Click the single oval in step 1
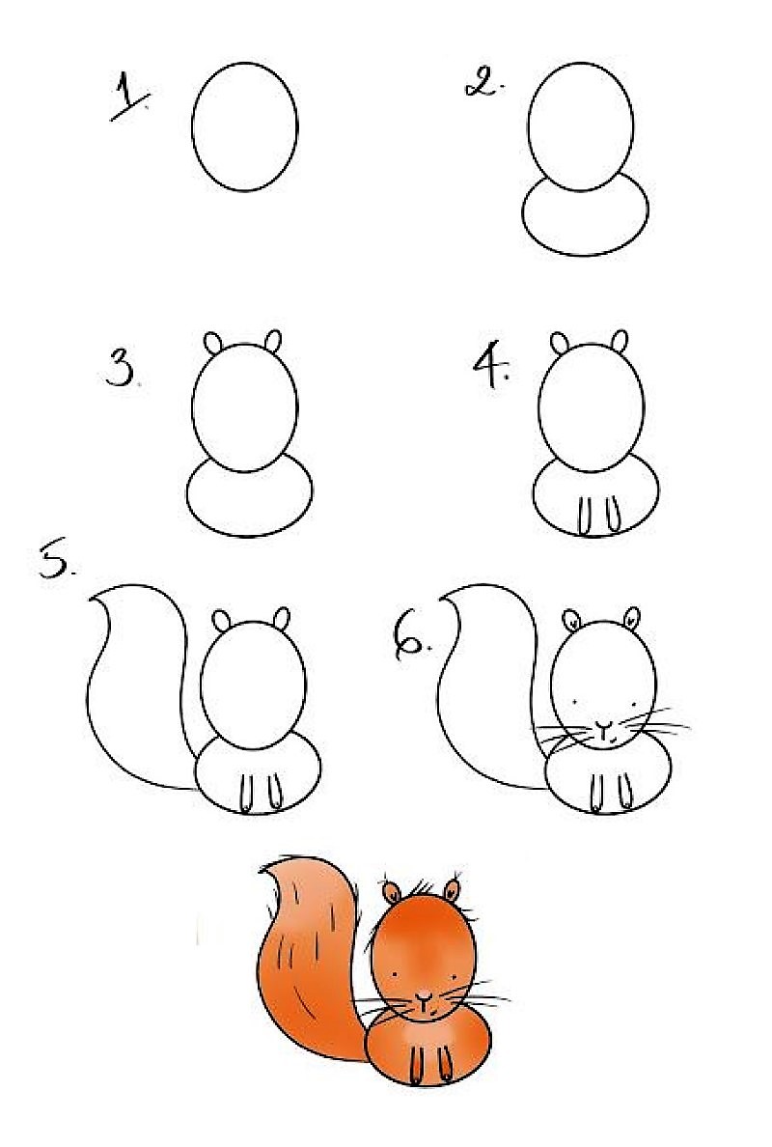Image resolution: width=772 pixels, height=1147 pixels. [245, 126]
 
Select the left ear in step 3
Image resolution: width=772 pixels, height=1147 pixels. [214, 343]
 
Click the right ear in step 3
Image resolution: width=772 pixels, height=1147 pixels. [274, 340]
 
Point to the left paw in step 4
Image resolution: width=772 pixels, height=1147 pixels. [584, 514]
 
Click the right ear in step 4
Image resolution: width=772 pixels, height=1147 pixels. [620, 341]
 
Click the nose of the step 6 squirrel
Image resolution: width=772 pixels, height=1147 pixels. [603, 725]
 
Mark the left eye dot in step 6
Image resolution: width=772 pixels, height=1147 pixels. [576, 700]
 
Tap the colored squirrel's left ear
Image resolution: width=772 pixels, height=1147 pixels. [392, 890]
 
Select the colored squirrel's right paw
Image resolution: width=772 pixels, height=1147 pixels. [446, 1064]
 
